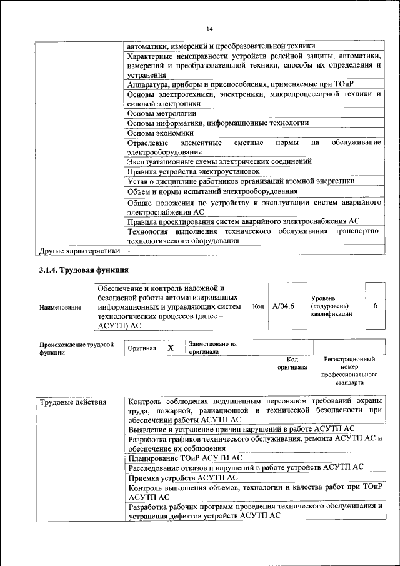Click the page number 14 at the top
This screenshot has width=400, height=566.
(x=210, y=29)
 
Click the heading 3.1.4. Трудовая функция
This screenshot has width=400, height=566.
(x=83, y=270)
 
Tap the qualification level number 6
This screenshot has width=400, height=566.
(x=375, y=306)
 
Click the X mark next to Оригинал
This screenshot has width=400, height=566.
(x=170, y=347)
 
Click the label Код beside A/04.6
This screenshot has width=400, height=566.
(x=258, y=306)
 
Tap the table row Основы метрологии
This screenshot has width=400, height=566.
(x=162, y=113)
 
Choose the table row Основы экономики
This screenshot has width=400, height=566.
(x=161, y=133)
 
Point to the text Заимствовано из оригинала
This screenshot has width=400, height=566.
(x=213, y=348)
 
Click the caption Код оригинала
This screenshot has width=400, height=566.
(x=292, y=363)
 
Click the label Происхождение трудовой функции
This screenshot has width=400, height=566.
(x=76, y=348)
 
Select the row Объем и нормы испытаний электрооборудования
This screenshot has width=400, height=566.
(x=212, y=191)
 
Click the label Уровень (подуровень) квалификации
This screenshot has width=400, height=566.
(x=329, y=306)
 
